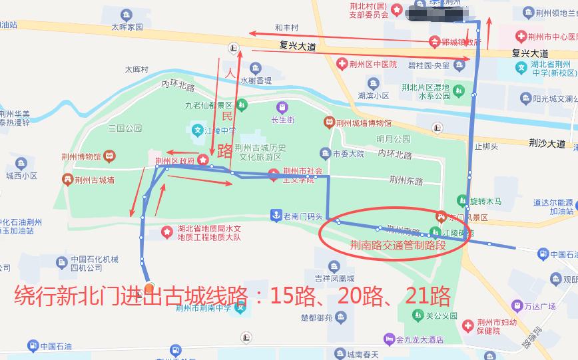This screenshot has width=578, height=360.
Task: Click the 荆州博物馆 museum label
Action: [79, 156]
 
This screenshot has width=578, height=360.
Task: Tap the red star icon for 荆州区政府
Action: [203, 160]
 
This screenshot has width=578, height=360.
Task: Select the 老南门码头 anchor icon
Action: [275, 215]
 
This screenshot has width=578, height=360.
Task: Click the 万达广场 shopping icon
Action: [518, 305]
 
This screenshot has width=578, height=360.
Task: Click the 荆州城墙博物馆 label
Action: [364, 122]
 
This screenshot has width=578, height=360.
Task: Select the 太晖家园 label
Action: [127, 27]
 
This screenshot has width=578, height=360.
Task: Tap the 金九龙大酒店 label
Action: [420, 339]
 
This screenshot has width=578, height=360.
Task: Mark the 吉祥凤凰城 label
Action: [334, 278]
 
